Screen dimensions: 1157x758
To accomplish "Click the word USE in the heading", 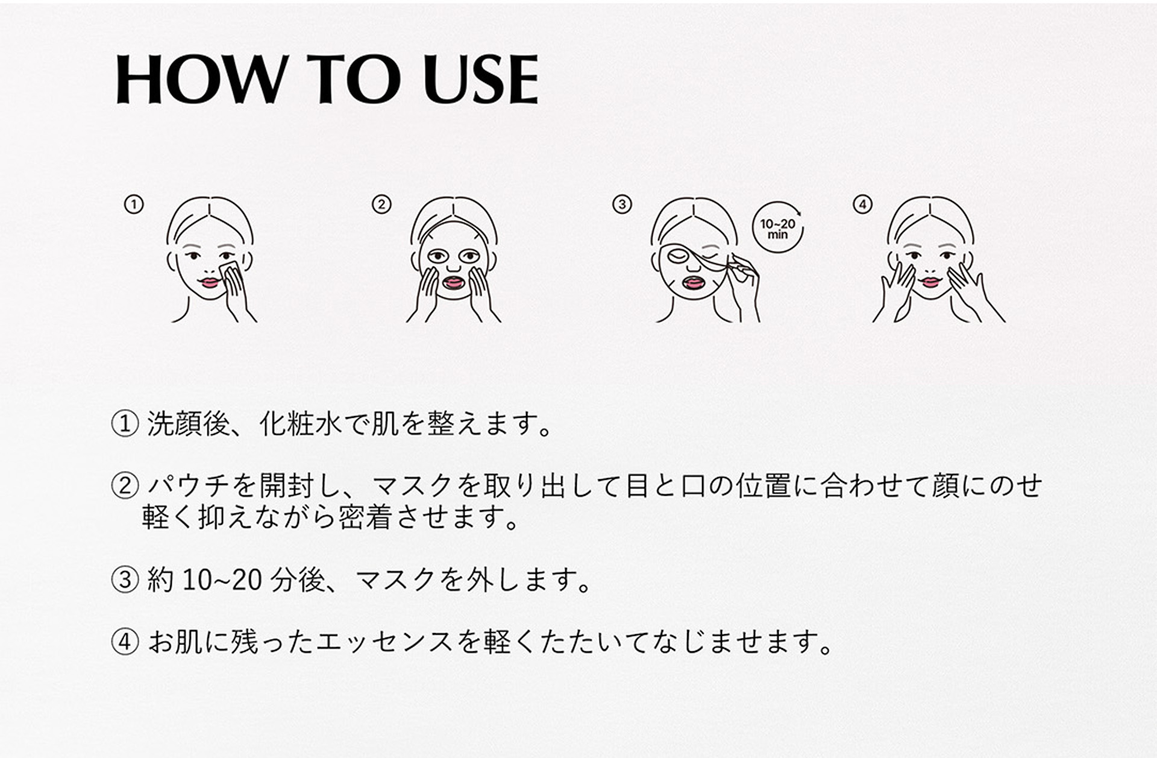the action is [480, 79].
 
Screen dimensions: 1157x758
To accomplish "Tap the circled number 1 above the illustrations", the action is [134, 204].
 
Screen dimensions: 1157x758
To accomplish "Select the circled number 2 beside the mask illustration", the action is [381, 204].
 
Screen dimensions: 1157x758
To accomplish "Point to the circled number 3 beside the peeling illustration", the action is [622, 204].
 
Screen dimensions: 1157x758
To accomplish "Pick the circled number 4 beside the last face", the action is [863, 204].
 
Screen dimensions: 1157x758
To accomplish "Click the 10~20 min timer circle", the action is [777, 227].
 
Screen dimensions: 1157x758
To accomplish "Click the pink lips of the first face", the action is [210, 282].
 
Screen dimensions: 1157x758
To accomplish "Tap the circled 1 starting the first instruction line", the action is [125, 425].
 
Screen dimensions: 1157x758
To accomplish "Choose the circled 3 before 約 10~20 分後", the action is [125, 580].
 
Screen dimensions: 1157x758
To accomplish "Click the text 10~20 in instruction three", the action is [222, 580].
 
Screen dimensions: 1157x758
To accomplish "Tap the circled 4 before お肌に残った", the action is [125, 642].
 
